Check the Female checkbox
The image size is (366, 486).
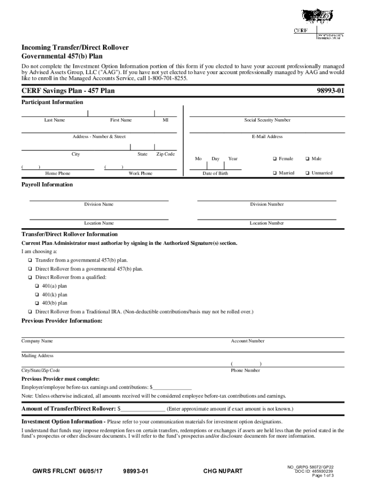click(x=275, y=159)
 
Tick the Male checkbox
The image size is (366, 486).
click(x=307, y=159)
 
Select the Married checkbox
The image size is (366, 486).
click(x=275, y=173)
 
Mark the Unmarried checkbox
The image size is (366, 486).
click(x=307, y=173)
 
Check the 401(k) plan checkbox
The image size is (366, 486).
click(x=37, y=295)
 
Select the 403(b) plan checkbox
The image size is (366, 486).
click(x=37, y=303)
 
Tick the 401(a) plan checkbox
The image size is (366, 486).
click(x=37, y=286)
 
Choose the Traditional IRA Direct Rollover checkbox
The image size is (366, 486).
click(x=30, y=312)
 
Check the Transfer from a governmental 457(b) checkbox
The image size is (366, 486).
click(x=30, y=261)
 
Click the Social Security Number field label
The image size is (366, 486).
click(x=267, y=120)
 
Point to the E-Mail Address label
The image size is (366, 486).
click(x=267, y=137)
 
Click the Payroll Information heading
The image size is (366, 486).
click(x=47, y=185)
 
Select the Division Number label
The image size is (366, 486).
click(x=267, y=205)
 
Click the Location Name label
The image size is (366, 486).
click(x=99, y=223)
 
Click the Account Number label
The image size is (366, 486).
click(x=248, y=341)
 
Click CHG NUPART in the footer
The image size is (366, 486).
click(x=223, y=471)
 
